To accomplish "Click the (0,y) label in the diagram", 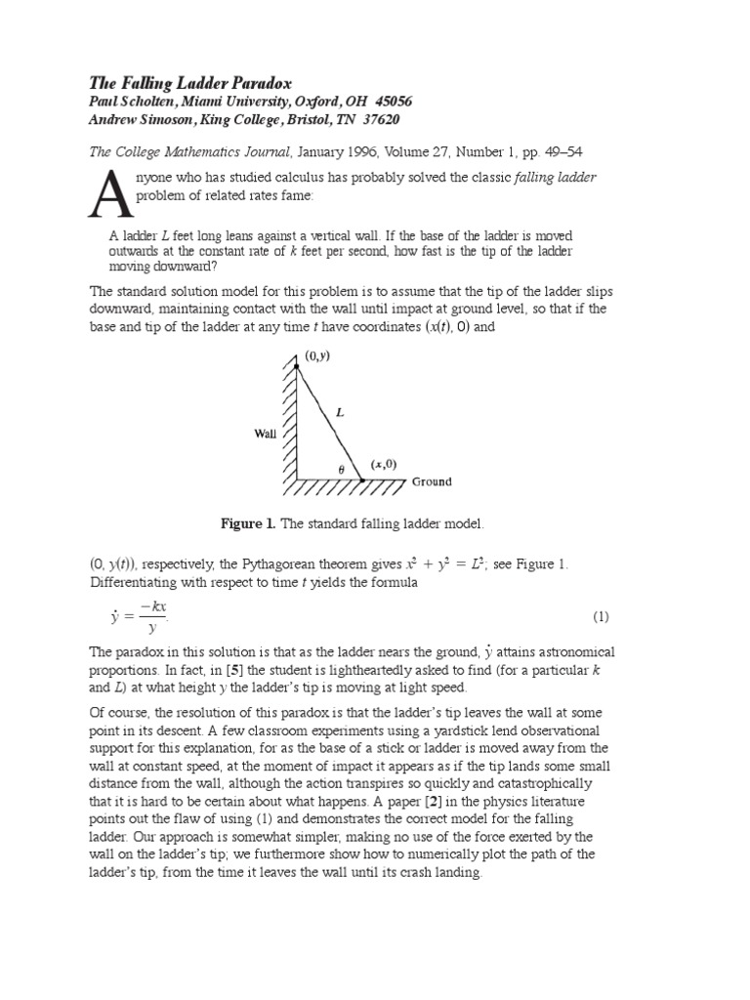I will (x=316, y=356).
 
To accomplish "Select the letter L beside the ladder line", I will (x=340, y=413).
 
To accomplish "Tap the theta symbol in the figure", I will (x=341, y=470).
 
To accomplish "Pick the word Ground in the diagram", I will (x=432, y=481).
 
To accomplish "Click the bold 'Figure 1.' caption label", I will (x=249, y=524).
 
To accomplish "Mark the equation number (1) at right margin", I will (x=601, y=616).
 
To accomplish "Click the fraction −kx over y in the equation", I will (x=151, y=616).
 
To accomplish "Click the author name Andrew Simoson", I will (x=149, y=119).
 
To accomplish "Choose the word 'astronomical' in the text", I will (x=565, y=651).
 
